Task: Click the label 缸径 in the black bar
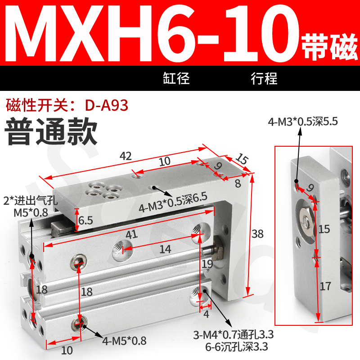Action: pyautogui.click(x=176, y=78)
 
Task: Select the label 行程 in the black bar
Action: pyautogui.click(x=264, y=78)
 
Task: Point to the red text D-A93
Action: pyautogui.click(x=106, y=105)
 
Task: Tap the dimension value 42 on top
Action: pyautogui.click(x=126, y=157)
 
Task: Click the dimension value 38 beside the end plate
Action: pyautogui.click(x=258, y=234)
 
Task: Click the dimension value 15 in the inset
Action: pyautogui.click(x=324, y=229)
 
